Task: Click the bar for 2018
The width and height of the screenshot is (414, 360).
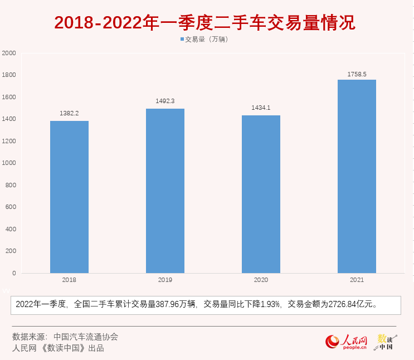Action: (69, 197)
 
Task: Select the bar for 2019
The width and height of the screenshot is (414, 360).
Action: (165, 191)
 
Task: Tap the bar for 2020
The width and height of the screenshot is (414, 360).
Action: (261, 194)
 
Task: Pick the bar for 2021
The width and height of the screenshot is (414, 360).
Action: (357, 176)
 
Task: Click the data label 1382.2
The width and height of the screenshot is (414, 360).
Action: (69, 113)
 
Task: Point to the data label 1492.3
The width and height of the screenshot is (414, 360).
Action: (165, 101)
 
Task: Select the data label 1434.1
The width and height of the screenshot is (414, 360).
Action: (261, 108)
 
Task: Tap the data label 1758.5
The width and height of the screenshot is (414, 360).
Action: (357, 74)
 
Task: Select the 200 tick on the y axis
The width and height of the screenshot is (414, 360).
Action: (11, 251)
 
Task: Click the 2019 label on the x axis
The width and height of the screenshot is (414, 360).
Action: (165, 280)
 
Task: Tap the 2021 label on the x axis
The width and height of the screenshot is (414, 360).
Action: (357, 280)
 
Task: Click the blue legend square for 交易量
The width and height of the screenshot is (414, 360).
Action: (182, 40)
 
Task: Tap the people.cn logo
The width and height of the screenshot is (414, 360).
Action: (347, 342)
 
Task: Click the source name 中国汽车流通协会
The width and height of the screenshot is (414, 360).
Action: (86, 337)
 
